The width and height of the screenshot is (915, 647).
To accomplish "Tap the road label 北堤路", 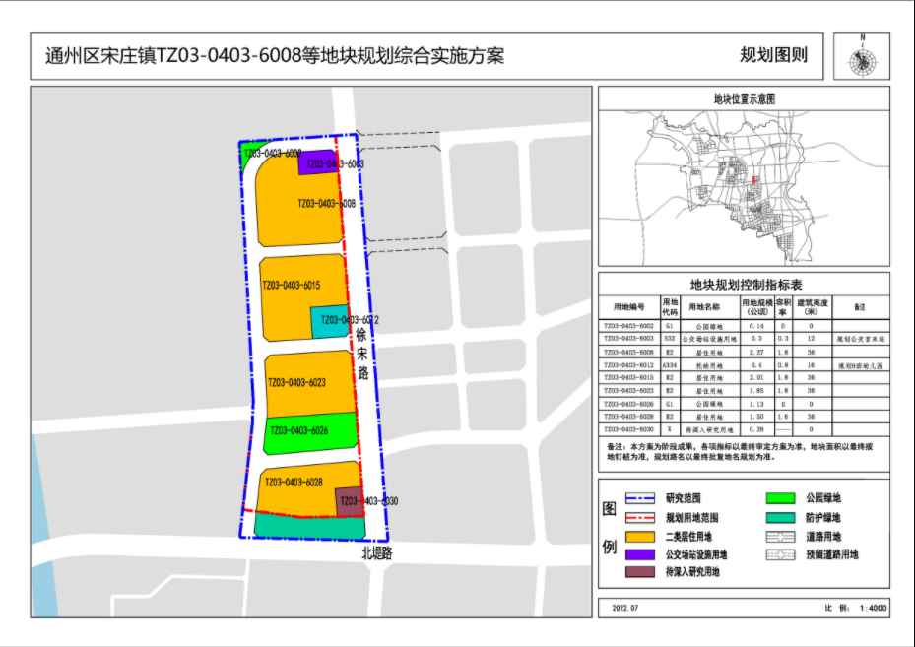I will (376, 554).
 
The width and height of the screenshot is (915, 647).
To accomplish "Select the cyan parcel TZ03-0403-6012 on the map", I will (329, 321).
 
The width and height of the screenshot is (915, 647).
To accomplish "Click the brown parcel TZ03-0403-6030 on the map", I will (350, 501).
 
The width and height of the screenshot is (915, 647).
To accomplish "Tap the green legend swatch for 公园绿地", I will (779, 499).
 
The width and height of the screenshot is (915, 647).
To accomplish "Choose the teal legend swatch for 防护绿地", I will (779, 518).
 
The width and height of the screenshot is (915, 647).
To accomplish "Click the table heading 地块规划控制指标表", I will (744, 286).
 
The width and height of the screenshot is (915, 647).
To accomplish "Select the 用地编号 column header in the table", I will (629, 306).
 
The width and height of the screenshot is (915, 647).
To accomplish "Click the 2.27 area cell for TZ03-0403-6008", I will (755, 352).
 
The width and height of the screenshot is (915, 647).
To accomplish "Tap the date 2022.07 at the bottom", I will (625, 609).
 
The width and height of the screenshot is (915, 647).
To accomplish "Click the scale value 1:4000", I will (872, 609).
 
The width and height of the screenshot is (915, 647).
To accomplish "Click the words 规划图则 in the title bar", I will (773, 55).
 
